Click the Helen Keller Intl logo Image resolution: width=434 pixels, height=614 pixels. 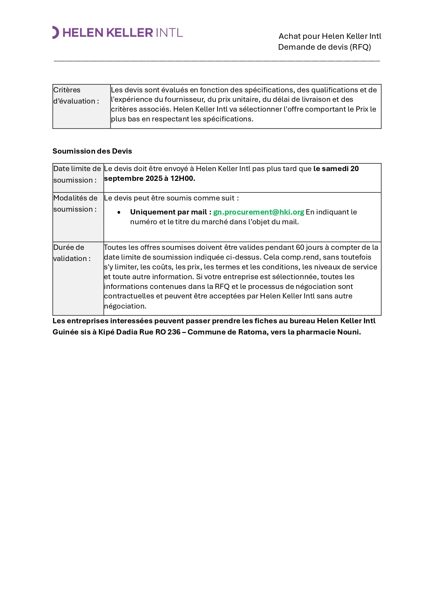[118, 33]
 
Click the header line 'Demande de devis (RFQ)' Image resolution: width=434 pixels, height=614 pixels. [324, 47]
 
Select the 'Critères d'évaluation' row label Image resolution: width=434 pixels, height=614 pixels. [76, 96]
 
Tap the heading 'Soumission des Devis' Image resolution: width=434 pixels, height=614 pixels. [92, 151]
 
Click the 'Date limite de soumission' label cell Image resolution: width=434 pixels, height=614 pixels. [77, 174]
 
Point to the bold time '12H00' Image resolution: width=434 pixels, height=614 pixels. [182, 178]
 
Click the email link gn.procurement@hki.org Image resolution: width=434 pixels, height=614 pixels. [258, 212]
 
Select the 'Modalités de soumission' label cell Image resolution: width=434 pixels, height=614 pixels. [75, 204]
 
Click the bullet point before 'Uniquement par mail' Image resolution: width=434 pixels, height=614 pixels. [119, 212]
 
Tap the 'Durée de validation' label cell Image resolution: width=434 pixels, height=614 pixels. [72, 253]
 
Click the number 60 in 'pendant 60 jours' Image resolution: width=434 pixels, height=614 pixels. [300, 247]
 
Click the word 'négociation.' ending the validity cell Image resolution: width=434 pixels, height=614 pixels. [125, 306]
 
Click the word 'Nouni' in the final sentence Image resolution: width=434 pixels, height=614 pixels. [348, 332]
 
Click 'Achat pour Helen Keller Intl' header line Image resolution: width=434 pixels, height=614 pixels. [330, 36]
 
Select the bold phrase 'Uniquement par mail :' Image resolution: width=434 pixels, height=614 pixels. [171, 212]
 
